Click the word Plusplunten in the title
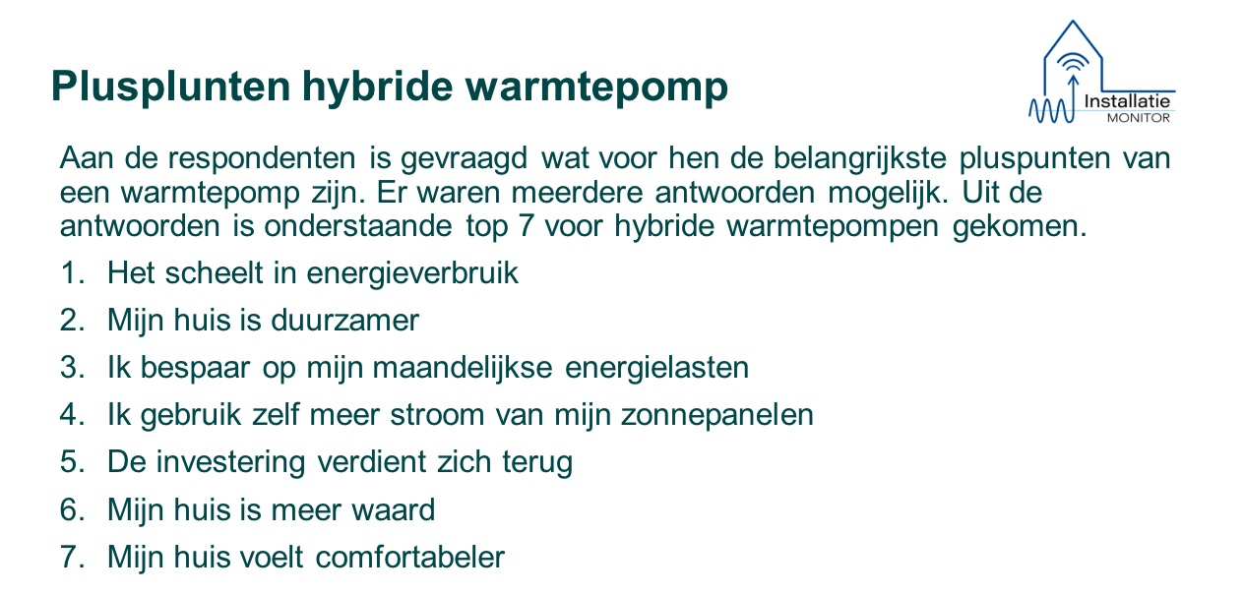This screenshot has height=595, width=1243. tap(171, 88)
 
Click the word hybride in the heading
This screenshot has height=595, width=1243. tap(378, 88)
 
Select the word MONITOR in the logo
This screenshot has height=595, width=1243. tap(1138, 118)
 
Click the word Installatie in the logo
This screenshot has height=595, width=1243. tap(1127, 101)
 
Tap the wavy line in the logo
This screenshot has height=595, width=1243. tap(1050, 111)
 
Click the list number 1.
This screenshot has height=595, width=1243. tap(73, 272)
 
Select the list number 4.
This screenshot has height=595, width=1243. tap(73, 415)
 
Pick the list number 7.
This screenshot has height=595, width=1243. tap(73, 557)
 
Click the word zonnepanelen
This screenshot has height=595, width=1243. tap(716, 416)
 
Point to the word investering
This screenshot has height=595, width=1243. tap(230, 463)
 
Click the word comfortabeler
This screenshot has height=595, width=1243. tap(410, 558)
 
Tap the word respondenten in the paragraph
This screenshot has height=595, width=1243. tap(262, 159)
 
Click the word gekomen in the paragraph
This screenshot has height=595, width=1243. tap(1020, 227)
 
